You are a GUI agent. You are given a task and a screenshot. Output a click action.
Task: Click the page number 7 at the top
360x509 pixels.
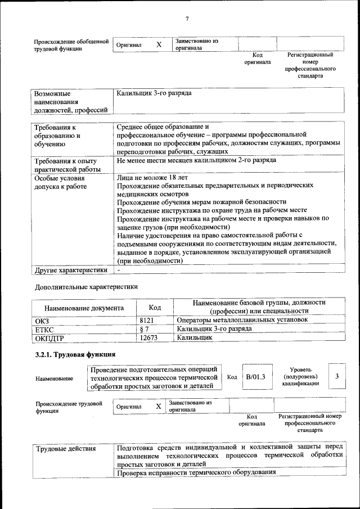pos(186,20)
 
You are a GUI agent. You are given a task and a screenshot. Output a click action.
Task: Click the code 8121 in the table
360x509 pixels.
pos(147,320)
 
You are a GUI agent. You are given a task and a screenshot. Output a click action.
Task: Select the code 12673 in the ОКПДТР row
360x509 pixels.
pos(149,338)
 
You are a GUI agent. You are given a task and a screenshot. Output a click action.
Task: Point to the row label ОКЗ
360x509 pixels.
pos(42,321)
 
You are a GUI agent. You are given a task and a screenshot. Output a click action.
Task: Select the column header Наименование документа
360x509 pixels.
pos(84,308)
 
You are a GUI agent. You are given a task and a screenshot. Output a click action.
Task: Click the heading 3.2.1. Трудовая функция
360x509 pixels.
pos(75,354)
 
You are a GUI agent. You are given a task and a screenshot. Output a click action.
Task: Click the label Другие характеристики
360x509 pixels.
pos(71,270)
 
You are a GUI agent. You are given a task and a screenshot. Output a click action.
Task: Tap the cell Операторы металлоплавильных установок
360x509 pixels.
pos(242,320)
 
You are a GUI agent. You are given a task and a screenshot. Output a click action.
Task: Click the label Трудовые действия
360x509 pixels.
pos(66,449)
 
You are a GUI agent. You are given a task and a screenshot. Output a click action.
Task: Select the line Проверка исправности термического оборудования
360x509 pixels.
pos(197,472)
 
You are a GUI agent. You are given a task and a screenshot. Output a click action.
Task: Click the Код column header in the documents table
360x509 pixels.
pos(155,308)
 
